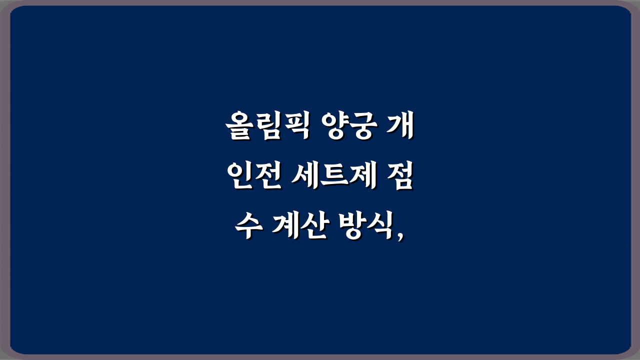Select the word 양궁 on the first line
(x=350, y=128)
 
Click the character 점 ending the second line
(x=400, y=178)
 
